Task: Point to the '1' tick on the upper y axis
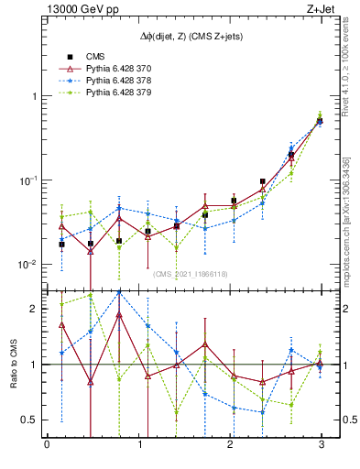pos(32,96)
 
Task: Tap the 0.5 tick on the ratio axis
pos(27,420)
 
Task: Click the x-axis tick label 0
pos(47,445)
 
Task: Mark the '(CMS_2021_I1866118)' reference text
pos(191,273)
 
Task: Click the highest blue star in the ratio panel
pos(119,293)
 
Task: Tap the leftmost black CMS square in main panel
pos(61,245)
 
